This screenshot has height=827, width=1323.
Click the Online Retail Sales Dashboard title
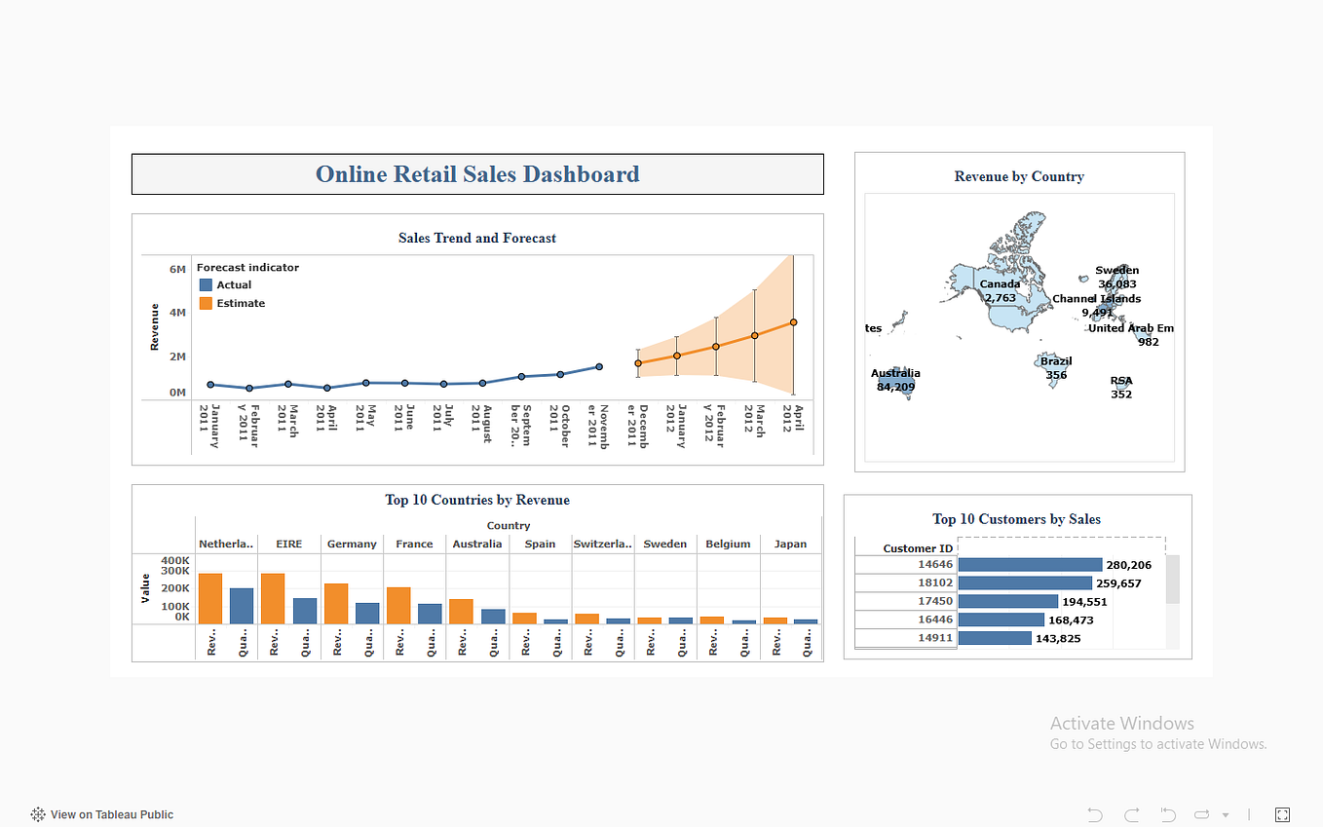pos(477,174)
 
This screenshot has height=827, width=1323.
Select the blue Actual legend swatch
pos(206,285)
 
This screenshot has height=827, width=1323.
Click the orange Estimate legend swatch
pos(206,304)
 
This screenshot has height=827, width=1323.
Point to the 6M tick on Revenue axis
pos(177,269)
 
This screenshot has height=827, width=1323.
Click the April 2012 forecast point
pos(793,322)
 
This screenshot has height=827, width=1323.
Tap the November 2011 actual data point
pos(599,367)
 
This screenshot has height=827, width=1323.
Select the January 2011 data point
pos(210,385)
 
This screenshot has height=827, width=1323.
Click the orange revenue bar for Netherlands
pos(210,598)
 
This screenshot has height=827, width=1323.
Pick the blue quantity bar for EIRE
pos(305,611)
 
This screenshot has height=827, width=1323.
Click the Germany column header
pos(352,544)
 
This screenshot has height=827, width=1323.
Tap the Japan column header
pos(790,544)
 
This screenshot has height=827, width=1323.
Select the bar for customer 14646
pos(1030,565)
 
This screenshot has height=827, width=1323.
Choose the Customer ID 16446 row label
pos(935,620)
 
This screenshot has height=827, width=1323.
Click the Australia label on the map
pos(895,373)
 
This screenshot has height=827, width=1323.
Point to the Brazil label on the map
pos(1056,361)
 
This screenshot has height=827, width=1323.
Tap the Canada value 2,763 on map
pos(1000,298)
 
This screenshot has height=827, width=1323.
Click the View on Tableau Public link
pos(111,814)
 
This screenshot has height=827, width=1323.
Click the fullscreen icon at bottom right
pos(1282,814)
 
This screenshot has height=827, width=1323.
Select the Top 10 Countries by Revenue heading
pos(477,500)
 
